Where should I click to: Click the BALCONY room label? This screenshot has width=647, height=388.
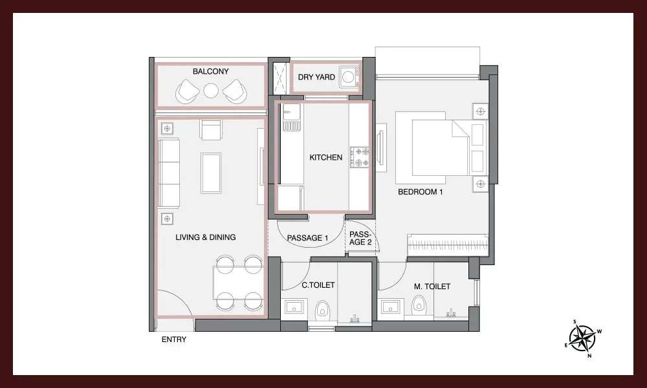click(210, 71)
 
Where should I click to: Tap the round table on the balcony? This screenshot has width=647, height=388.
click(211, 91)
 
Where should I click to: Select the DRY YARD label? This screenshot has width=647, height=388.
click(316, 77)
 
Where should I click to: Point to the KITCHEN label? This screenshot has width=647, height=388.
click(325, 157)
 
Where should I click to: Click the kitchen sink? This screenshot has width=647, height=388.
click(291, 118)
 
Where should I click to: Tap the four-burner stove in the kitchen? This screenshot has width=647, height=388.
click(359, 157)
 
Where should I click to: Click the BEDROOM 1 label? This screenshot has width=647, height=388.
click(420, 191)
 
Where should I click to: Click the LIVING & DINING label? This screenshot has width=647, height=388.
click(206, 237)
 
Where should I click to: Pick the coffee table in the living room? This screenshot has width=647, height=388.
click(211, 173)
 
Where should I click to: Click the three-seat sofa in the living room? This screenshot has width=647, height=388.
click(169, 173)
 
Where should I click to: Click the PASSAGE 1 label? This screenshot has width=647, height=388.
click(307, 238)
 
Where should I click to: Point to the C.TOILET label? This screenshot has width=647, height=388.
click(318, 285)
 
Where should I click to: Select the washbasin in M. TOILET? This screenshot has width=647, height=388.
click(390, 307)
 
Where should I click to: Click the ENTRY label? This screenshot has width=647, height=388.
click(173, 339)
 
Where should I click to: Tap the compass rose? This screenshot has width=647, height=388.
click(583, 338)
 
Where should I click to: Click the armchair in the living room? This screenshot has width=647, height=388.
click(210, 129)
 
